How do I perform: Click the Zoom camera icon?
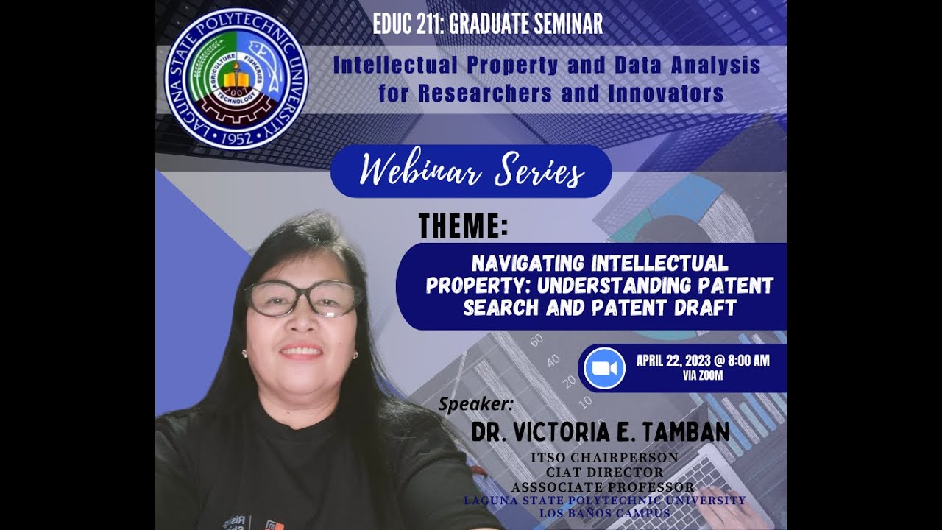tap(604, 368)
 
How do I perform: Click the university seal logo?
tap(235, 79)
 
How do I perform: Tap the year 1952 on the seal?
tap(235, 137)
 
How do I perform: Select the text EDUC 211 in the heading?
tap(406, 24)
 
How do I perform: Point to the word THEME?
tap(463, 226)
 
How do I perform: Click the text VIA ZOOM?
tap(703, 376)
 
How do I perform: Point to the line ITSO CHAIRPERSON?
tap(604, 458)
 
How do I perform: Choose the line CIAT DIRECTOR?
tap(604, 473)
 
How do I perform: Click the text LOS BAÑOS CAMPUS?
tap(604, 513)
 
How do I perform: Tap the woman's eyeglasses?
tap(303, 299)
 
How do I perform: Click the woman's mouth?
tap(301, 352)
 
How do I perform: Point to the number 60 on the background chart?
tap(536, 340)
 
